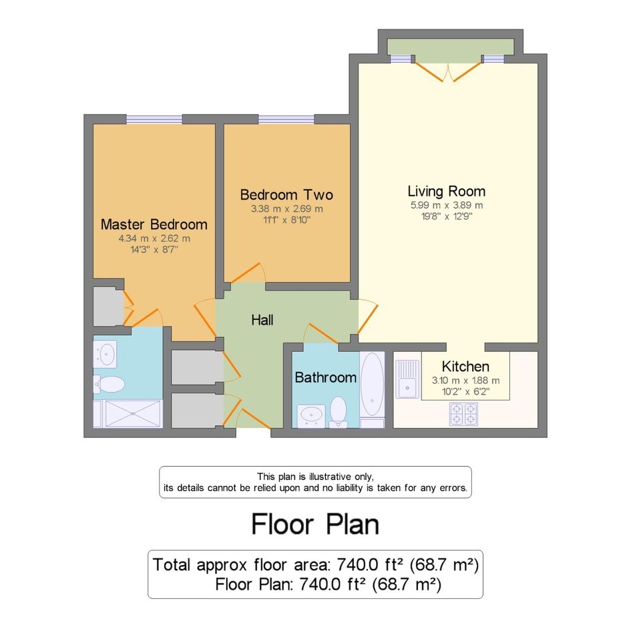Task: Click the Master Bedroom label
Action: [x=154, y=224]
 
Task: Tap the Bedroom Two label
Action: [x=286, y=195]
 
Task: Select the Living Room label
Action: [x=446, y=191]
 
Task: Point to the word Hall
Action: [x=262, y=320]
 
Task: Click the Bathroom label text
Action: [x=326, y=377]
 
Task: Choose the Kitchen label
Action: [x=465, y=366]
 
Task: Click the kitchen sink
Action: [x=407, y=379]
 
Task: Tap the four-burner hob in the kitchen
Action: [x=463, y=414]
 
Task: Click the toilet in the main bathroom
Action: [x=338, y=411]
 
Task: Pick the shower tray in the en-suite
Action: [x=132, y=413]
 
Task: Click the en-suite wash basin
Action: [x=105, y=354]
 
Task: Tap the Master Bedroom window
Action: [x=154, y=119]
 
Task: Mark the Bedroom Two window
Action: [x=286, y=119]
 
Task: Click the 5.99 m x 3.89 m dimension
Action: [x=446, y=205]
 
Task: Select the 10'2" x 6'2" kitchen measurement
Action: [x=465, y=391]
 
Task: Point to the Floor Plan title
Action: [x=315, y=524]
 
